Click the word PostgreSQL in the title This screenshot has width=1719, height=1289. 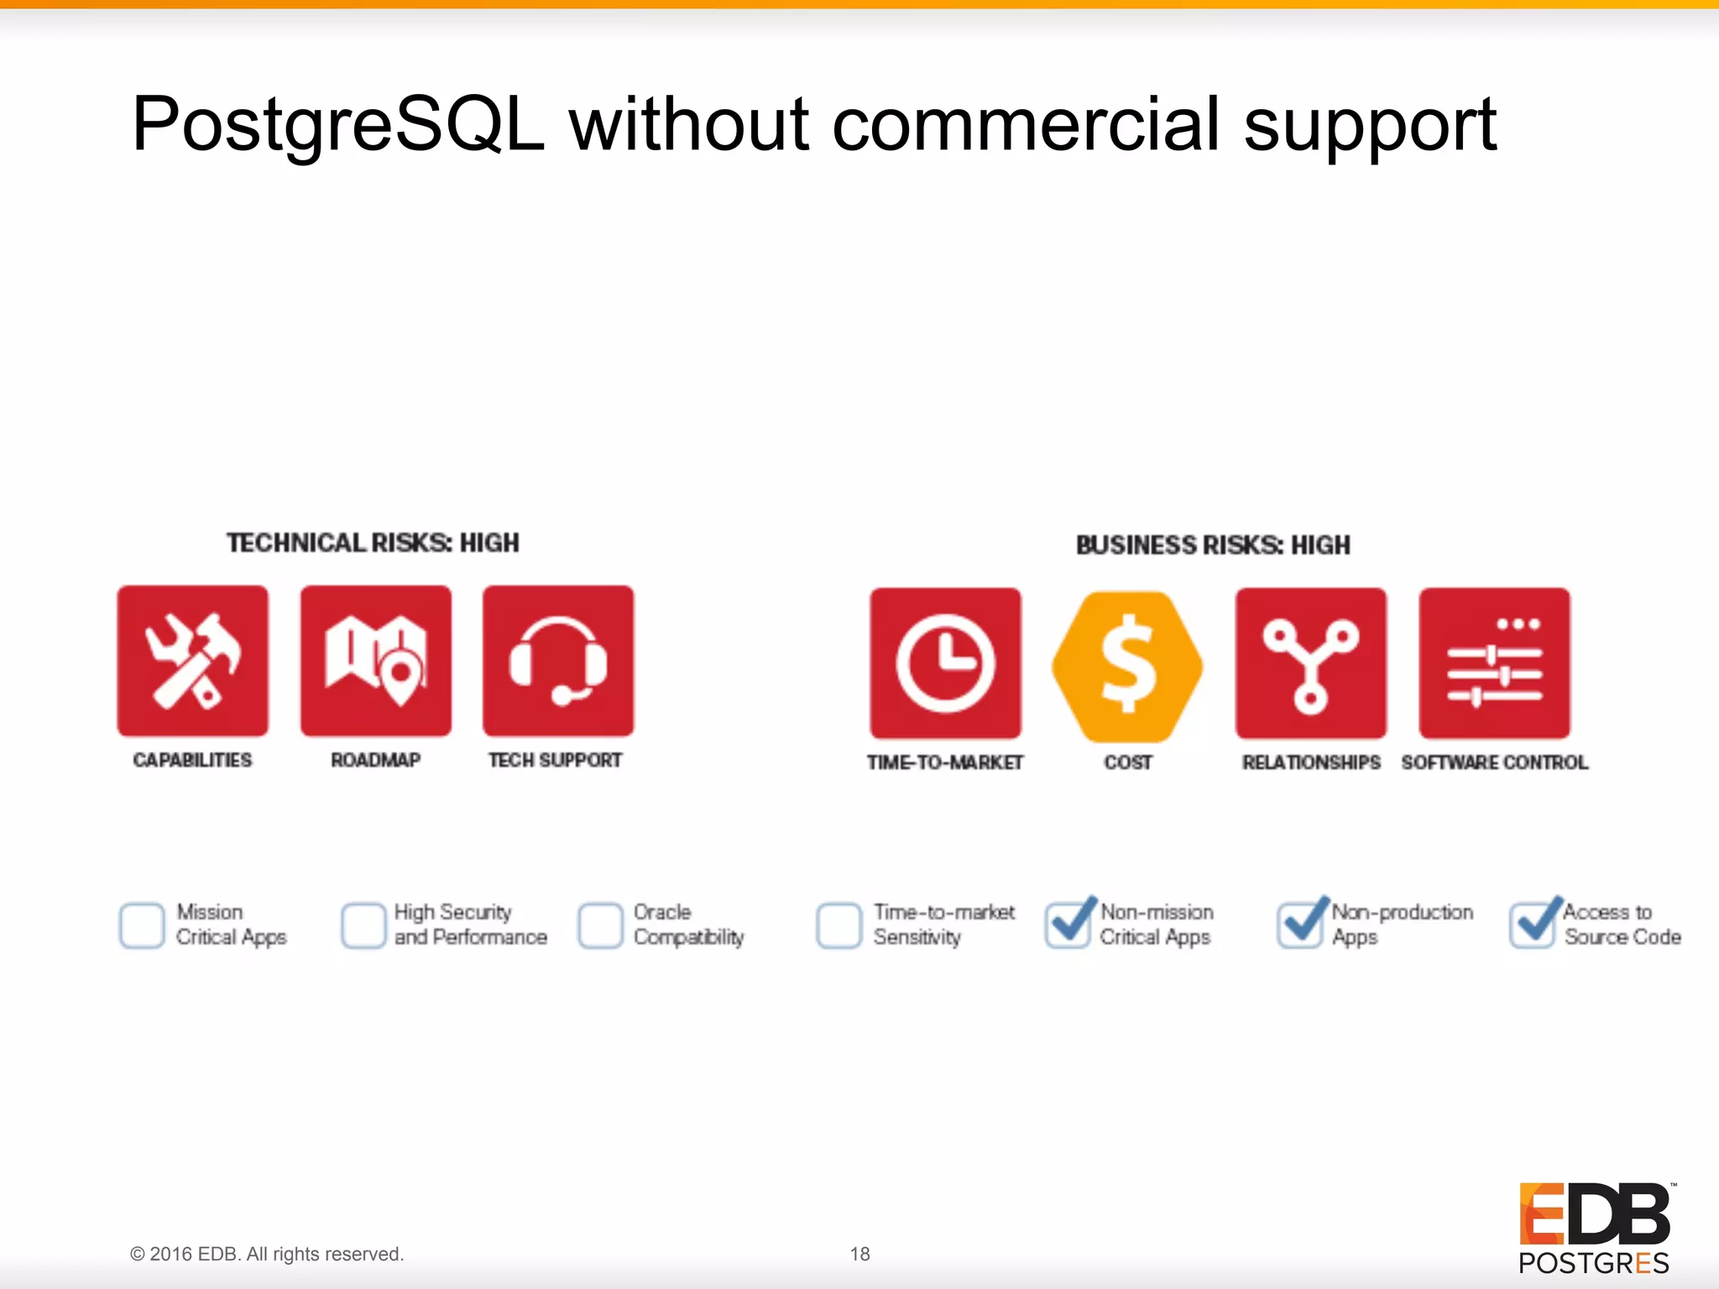pos(337,126)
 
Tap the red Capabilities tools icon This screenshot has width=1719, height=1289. pos(192,661)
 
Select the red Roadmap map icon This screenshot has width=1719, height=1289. pos(375,661)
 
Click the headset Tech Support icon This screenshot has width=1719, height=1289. pos(558,661)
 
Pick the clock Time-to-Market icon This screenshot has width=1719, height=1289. pos(945,663)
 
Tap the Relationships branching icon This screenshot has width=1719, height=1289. pos(1310,663)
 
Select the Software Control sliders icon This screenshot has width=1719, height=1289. pos(1494,663)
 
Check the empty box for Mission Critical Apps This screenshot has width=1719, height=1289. pos(142,926)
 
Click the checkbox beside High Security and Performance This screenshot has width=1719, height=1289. pos(363,926)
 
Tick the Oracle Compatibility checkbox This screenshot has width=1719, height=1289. pos(600,926)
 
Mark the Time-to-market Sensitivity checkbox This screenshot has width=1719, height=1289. pos(839,926)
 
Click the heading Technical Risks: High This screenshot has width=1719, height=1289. pos(373,543)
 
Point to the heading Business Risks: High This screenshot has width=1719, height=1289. pos(1213,545)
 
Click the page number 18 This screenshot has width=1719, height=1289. pos(859,1254)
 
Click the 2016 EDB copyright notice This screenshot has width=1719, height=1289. pos(267,1254)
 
